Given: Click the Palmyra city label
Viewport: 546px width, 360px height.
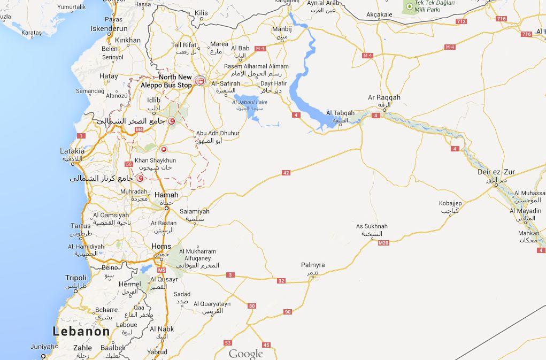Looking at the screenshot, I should click(313, 265).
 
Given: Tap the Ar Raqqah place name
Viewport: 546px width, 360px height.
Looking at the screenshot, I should click(384, 98).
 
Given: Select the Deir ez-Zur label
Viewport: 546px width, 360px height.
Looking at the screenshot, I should click(497, 172).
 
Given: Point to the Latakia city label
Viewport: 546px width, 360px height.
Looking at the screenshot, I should click(72, 151).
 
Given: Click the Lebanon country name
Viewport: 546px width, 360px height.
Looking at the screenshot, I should click(81, 331).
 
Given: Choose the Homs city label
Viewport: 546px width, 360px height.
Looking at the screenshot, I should click(162, 246).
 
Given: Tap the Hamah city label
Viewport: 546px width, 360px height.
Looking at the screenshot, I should click(166, 195).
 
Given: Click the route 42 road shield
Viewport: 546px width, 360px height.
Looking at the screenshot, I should click(286, 172).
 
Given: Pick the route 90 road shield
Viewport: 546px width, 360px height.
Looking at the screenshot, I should click(288, 312).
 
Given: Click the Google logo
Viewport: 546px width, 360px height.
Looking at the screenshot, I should click(246, 354).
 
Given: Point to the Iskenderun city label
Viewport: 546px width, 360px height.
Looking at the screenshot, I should click(109, 28).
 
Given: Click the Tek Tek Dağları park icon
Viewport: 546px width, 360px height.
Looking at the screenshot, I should click(410, 6).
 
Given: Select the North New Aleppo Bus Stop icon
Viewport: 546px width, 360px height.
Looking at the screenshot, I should click(200, 81).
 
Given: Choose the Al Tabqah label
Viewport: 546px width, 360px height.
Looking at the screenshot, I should click(340, 113).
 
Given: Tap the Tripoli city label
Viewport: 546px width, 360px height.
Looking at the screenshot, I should click(75, 278).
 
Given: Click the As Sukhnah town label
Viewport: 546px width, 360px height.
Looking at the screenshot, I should click(372, 226).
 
